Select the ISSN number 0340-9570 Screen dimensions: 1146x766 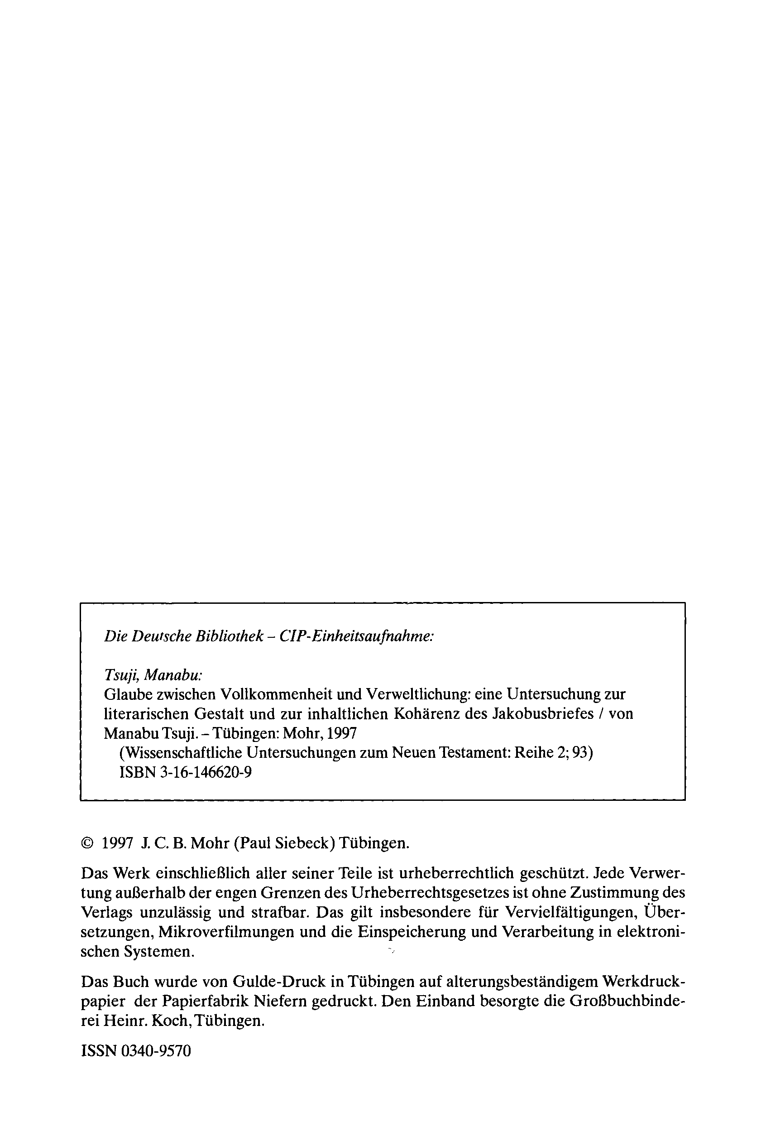tap(155, 1051)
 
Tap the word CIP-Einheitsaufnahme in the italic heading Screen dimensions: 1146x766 tap(356, 637)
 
